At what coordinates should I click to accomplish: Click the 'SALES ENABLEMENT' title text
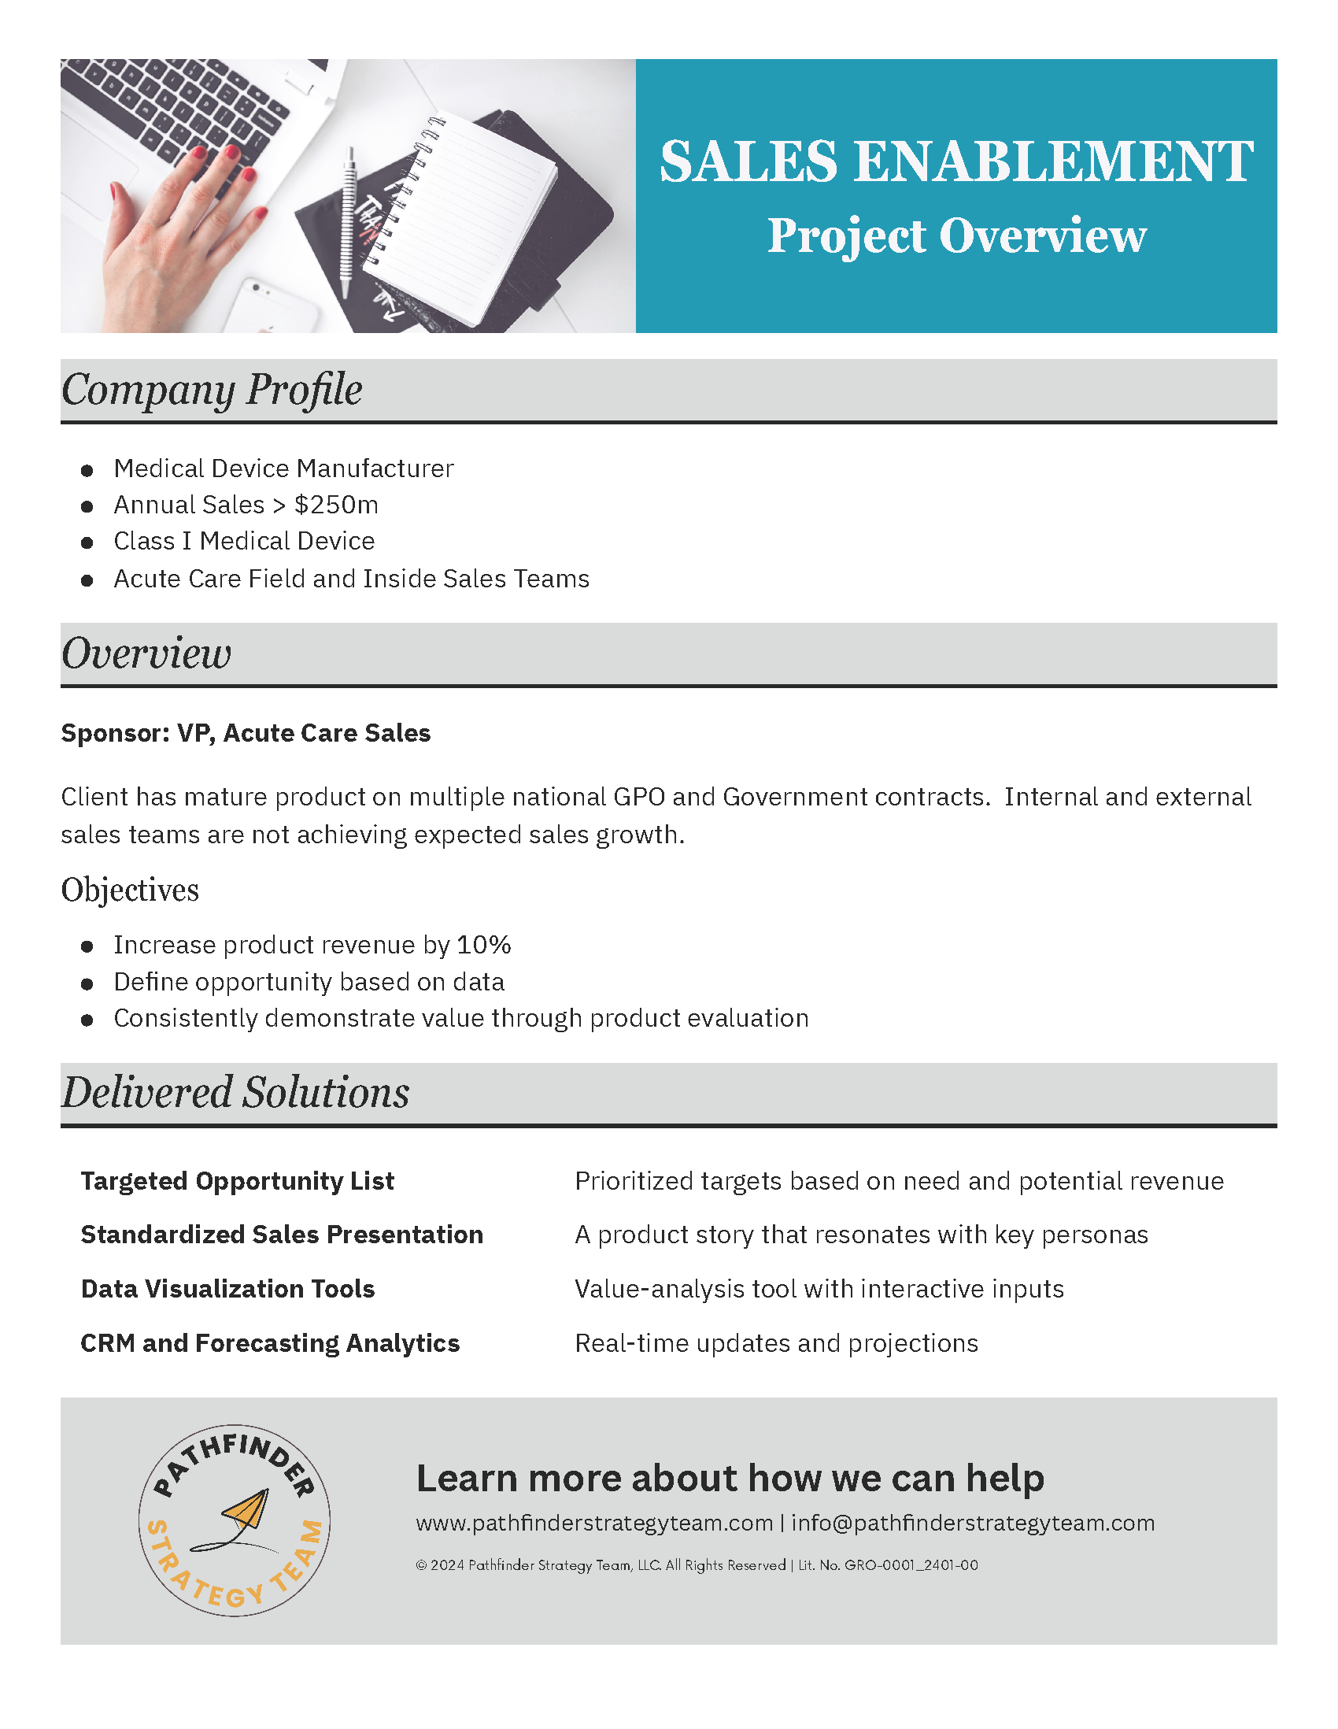955,161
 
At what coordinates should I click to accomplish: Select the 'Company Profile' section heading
212,390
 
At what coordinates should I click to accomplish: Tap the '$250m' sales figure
336,505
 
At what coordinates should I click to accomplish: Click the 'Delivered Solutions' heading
236,1093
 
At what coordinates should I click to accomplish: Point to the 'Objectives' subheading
130,890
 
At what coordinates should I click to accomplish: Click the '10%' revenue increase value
484,945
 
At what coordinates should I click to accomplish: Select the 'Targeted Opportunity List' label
238,1181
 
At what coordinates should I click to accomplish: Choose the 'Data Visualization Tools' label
228,1289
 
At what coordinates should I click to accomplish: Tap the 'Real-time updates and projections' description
776,1343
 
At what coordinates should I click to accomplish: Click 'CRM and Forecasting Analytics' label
270,1343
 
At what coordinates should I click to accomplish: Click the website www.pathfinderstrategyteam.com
594,1524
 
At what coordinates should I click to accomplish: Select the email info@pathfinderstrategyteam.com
974,1524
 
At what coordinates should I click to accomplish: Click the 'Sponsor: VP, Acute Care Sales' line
246,733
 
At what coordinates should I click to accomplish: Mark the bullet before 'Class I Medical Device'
87,542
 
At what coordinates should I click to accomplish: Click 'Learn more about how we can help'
730,1478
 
